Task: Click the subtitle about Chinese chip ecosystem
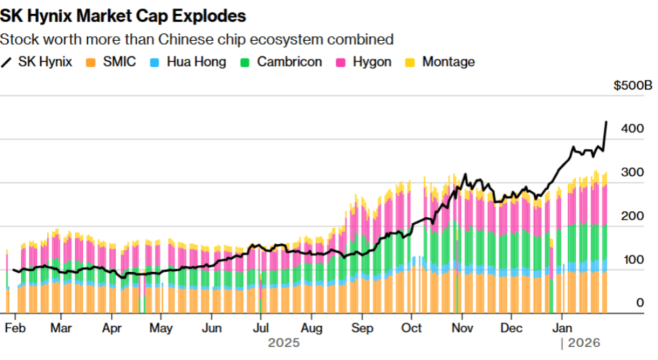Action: (x=197, y=39)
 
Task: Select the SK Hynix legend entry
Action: (x=37, y=63)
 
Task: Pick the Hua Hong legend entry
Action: (x=189, y=63)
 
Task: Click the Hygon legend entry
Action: (x=365, y=63)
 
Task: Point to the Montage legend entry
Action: (x=440, y=63)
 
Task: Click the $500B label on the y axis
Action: (x=632, y=85)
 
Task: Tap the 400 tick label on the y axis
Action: (x=632, y=129)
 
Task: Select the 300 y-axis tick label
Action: (x=632, y=172)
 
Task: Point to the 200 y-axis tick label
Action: (x=632, y=216)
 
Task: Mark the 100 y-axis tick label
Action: (x=632, y=259)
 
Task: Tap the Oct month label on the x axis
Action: (x=412, y=328)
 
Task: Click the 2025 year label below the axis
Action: (x=284, y=343)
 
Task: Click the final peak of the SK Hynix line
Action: (x=606, y=122)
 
